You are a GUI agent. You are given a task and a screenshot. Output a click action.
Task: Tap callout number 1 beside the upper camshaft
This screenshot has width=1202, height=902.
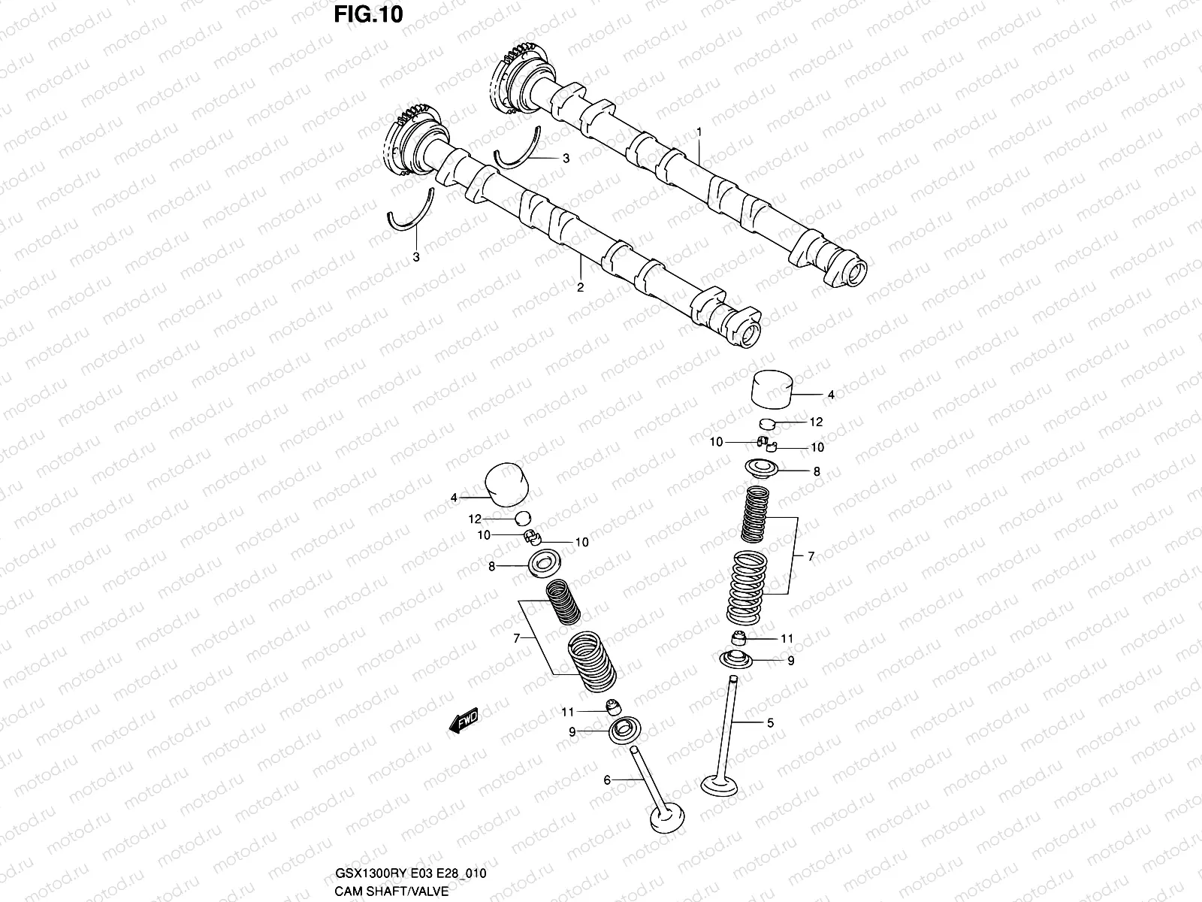coord(699,132)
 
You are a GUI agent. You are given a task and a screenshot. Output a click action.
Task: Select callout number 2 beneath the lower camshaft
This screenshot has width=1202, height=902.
coord(579,286)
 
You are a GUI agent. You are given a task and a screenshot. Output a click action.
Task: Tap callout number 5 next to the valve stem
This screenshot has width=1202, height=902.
coord(770,723)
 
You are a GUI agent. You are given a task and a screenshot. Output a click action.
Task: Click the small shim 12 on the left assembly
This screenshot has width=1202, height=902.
coord(523,518)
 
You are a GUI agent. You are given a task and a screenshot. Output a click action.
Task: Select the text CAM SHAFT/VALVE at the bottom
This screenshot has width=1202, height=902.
coord(391,891)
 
